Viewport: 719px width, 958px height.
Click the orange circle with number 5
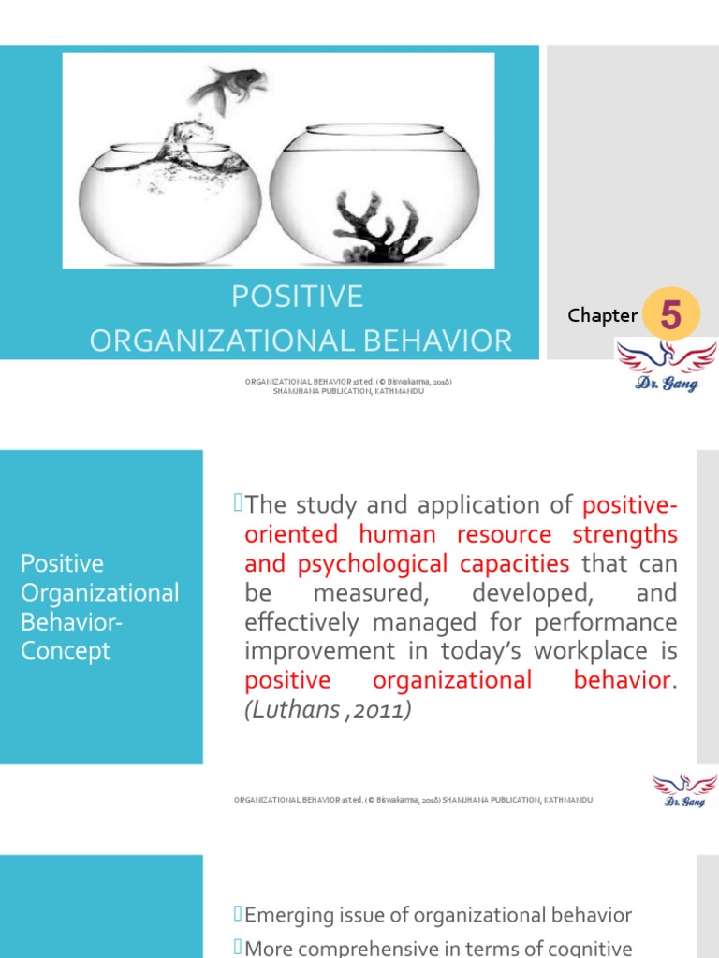pos(670,316)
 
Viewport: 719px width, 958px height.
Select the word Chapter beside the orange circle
pos(602,315)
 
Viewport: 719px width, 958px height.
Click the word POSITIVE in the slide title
pos(297,298)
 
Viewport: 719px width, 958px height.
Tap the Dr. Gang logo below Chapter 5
pos(666,366)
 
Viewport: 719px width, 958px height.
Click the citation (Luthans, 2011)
pos(328,710)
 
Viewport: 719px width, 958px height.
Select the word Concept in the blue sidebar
pos(66,650)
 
